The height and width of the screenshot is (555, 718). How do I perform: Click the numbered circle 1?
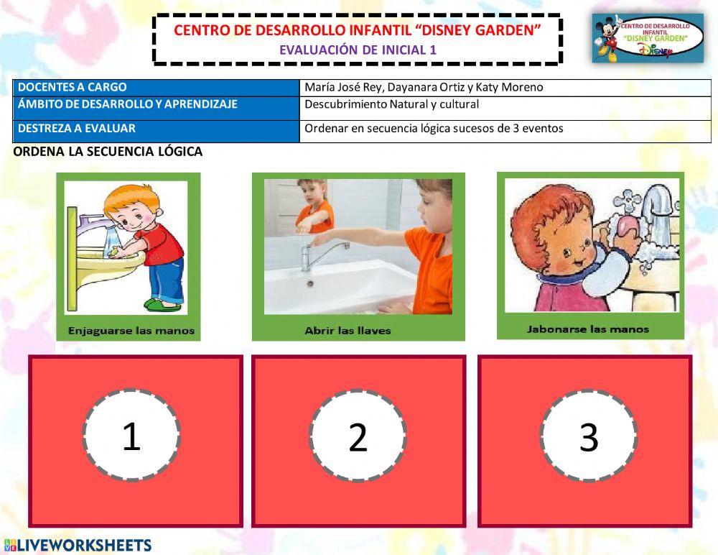coord(131,435)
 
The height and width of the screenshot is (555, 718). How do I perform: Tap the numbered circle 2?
coord(358,436)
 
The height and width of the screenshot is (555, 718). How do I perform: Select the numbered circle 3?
coord(588,436)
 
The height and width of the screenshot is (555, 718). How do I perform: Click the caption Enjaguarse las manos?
coord(131,331)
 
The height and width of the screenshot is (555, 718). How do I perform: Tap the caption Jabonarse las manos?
coord(587,329)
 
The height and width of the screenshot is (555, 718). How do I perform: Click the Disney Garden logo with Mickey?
coord(648,38)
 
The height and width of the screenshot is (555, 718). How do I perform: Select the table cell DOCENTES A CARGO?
coord(156,88)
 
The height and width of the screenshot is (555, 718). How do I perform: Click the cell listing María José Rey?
coord(505,88)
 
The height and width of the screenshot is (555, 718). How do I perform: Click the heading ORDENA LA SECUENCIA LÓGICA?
coord(108,152)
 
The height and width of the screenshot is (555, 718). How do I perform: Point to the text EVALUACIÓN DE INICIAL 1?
coord(358,50)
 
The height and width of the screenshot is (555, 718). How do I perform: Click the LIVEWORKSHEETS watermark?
coord(78,545)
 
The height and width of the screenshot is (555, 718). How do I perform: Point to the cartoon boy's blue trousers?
coord(167,277)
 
